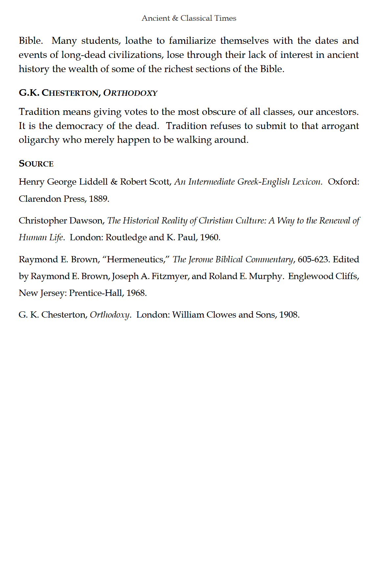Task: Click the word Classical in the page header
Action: click(x=196, y=18)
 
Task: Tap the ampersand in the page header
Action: click(x=175, y=18)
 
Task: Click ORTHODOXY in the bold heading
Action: click(x=130, y=93)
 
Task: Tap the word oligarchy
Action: click(x=39, y=140)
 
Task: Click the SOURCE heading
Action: click(x=36, y=164)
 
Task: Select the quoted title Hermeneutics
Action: click(x=135, y=259)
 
